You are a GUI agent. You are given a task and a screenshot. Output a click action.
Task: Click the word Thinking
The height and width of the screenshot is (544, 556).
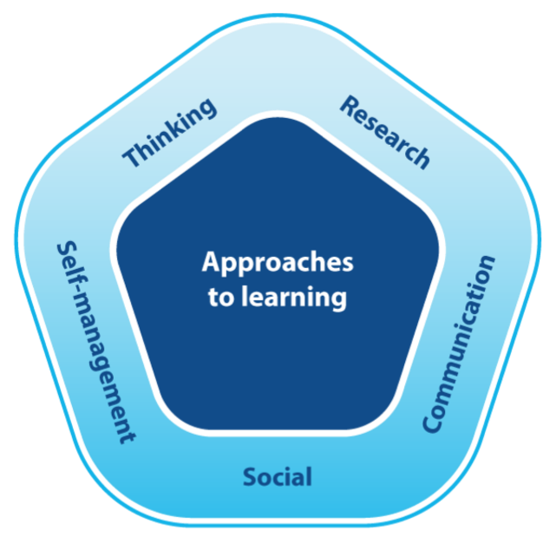[170, 133]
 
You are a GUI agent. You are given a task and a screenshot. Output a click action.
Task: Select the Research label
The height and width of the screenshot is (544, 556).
[384, 132]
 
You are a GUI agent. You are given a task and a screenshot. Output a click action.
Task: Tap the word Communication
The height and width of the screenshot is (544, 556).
[460, 344]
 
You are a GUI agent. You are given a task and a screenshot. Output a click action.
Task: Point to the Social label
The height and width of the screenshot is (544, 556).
[278, 476]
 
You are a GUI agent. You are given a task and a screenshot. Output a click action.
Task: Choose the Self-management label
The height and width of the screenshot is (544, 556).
[96, 342]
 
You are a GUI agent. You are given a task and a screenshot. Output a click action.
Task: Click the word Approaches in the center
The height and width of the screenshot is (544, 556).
[278, 263]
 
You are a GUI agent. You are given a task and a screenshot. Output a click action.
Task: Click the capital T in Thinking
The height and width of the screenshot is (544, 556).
[133, 159]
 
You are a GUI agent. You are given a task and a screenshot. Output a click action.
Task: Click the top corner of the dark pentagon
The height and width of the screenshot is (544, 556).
[278, 115]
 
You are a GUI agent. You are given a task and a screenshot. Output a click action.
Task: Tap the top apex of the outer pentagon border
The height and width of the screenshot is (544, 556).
[278, 16]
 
